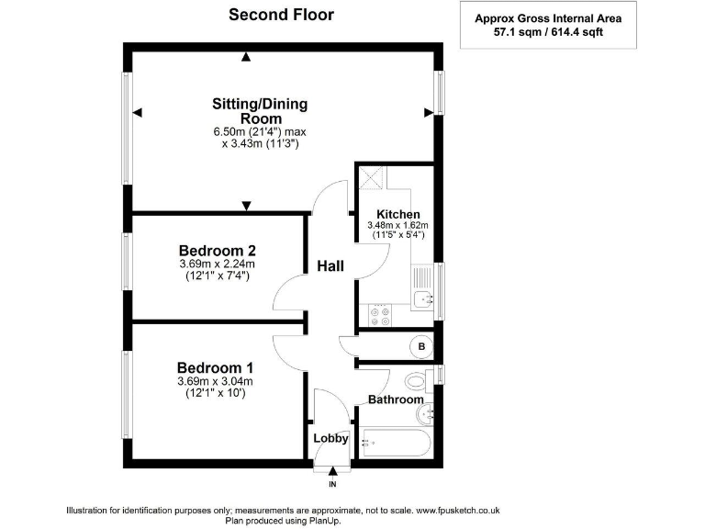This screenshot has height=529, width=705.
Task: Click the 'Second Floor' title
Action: click(281, 15)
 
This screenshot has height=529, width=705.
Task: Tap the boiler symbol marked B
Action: click(421, 346)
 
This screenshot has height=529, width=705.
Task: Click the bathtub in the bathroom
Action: click(397, 443)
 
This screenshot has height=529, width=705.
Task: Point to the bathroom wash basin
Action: click(425, 414)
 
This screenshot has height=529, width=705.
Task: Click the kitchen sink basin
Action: click(423, 298)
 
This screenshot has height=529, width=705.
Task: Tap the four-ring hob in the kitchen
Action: click(380, 315)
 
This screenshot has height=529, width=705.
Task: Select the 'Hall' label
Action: click(330, 265)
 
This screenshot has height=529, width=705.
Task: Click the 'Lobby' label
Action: click(330, 438)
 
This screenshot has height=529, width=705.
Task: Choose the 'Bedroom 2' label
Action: click(218, 250)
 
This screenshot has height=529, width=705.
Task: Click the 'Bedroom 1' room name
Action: click(215, 368)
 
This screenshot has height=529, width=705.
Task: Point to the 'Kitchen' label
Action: click(398, 215)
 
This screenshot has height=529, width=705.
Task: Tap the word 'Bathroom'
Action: click(396, 400)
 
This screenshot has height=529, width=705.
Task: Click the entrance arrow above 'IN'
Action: click(332, 471)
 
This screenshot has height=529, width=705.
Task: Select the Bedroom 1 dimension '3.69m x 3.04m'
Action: click(215, 381)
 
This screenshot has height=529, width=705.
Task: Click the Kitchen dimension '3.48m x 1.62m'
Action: click(397, 225)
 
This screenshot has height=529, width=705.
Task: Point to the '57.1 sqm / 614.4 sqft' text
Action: click(548, 32)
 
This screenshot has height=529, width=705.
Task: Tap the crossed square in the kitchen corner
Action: click(373, 177)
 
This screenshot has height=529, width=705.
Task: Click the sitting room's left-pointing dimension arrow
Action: click(138, 112)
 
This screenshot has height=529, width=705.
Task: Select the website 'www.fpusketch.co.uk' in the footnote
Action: click(458, 511)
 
